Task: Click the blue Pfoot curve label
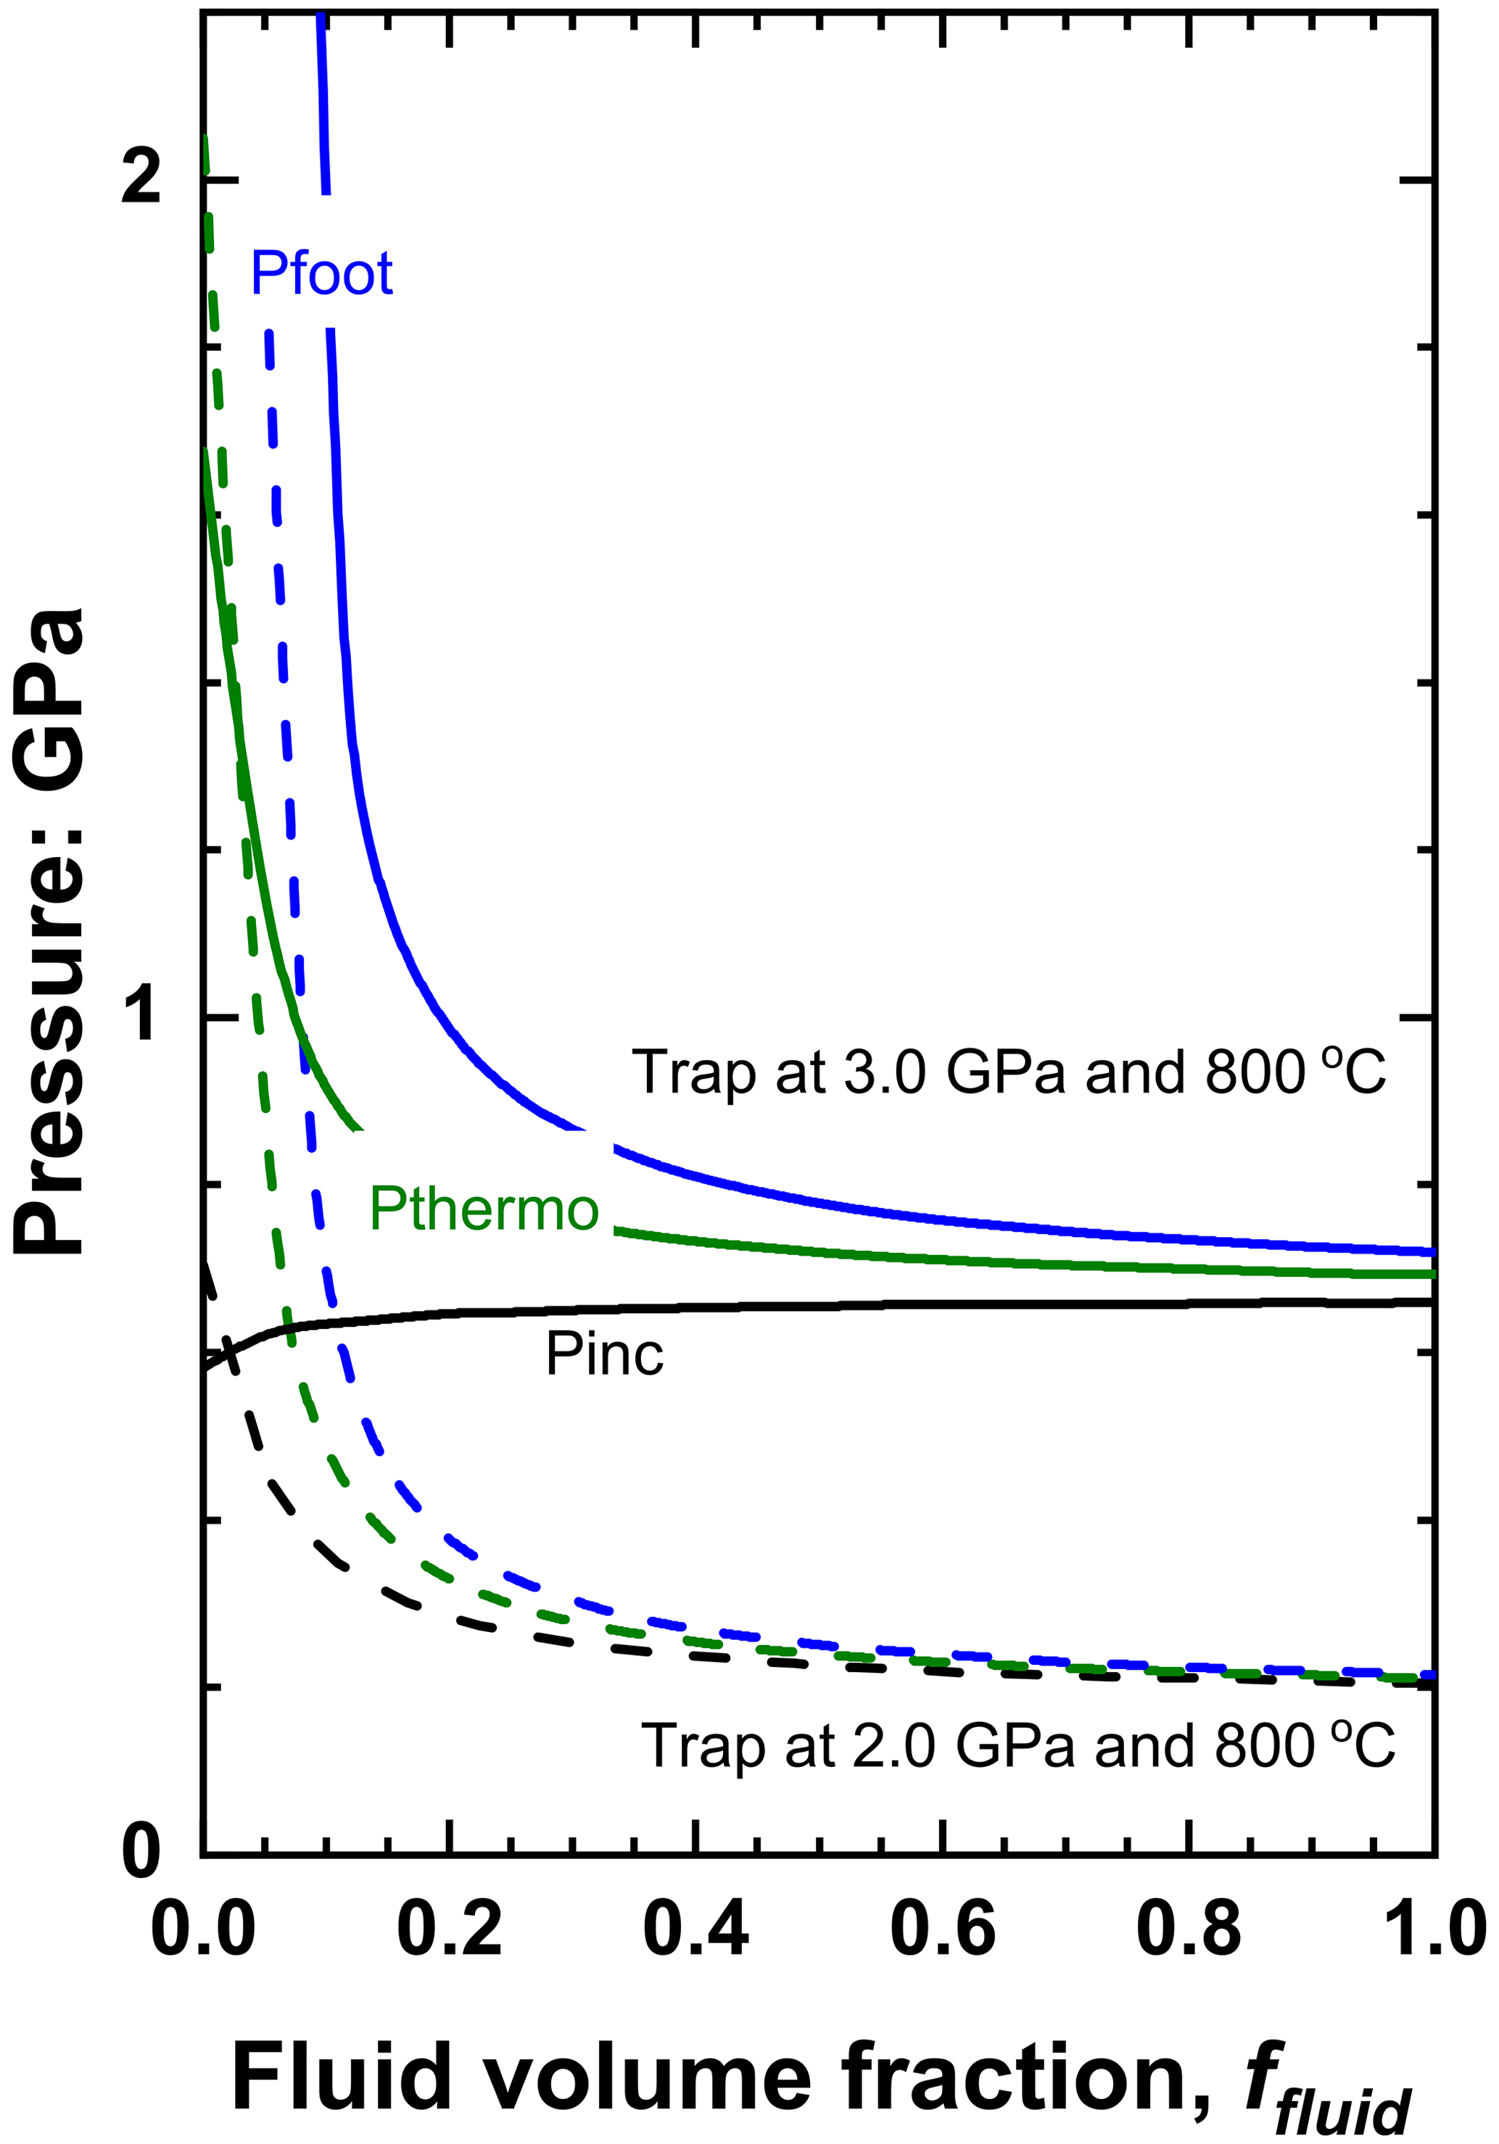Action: click(x=321, y=273)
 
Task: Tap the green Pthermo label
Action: click(x=483, y=1209)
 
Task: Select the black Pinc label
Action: click(x=604, y=1354)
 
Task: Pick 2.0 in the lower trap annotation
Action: click(x=893, y=1745)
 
